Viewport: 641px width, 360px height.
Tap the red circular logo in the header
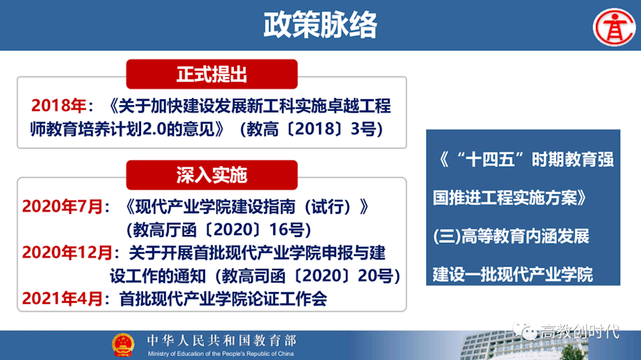[x=614, y=27]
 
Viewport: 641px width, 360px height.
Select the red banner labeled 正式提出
[x=212, y=74]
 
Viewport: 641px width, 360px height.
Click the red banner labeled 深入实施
[x=212, y=175]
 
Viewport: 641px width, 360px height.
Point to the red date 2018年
[x=58, y=106]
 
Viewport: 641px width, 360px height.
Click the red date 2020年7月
[x=62, y=206]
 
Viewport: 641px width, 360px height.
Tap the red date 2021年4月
[x=62, y=299]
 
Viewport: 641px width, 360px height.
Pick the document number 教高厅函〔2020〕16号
[x=219, y=230]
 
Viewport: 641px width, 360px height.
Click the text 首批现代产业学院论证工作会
[x=223, y=299]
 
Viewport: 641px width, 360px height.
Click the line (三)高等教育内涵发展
[x=511, y=236]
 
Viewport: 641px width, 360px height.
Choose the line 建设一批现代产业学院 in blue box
[x=513, y=274]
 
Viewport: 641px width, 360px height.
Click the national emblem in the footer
[x=123, y=345]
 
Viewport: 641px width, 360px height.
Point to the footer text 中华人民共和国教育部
[x=222, y=340]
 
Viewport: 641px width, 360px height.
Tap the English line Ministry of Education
[x=221, y=354]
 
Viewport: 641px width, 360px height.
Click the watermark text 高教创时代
[x=580, y=331]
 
